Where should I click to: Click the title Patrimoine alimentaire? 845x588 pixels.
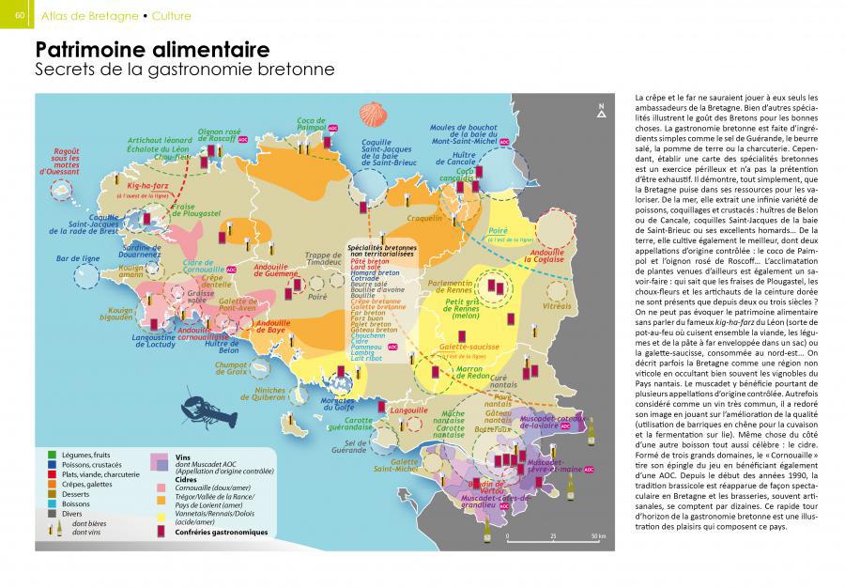[x=152, y=49]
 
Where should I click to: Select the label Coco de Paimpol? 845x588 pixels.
[x=311, y=125]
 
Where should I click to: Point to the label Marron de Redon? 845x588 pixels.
[x=461, y=373]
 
